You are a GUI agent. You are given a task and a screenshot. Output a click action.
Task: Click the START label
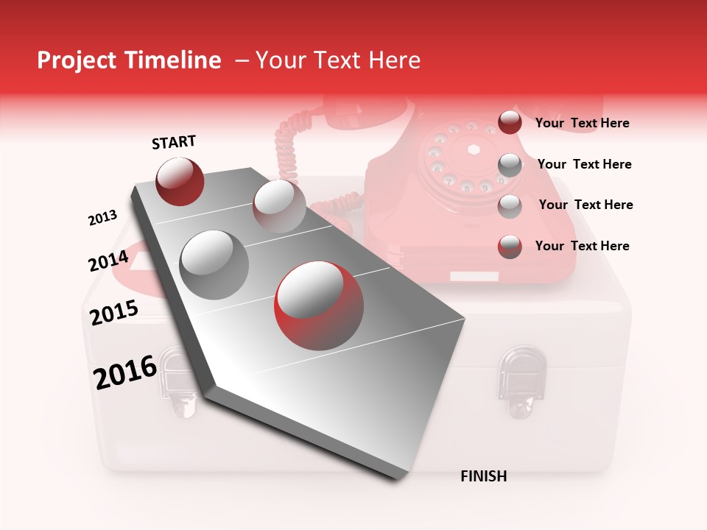click(x=174, y=142)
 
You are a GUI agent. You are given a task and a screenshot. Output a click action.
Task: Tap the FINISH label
click(x=483, y=476)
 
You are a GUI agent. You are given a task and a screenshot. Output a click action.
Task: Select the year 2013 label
click(x=102, y=218)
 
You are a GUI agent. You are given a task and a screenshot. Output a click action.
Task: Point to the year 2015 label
click(x=114, y=313)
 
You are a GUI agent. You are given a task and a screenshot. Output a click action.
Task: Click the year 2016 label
click(x=125, y=372)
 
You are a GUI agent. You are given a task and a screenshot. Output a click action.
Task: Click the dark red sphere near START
click(x=180, y=181)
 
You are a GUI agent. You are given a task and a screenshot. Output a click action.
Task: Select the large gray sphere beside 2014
click(x=214, y=264)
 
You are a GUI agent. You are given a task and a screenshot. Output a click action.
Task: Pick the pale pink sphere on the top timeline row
click(x=279, y=206)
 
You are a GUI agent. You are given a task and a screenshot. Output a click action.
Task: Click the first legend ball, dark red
click(x=510, y=123)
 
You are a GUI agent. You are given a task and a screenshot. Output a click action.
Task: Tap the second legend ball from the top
click(x=510, y=165)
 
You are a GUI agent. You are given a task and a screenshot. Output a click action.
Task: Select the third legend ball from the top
click(x=510, y=206)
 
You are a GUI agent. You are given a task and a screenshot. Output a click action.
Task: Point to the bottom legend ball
click(x=510, y=247)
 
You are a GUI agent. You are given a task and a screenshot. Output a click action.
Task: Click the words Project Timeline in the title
click(x=129, y=60)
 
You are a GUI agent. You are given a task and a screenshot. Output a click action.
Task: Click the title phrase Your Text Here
click(x=338, y=60)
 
